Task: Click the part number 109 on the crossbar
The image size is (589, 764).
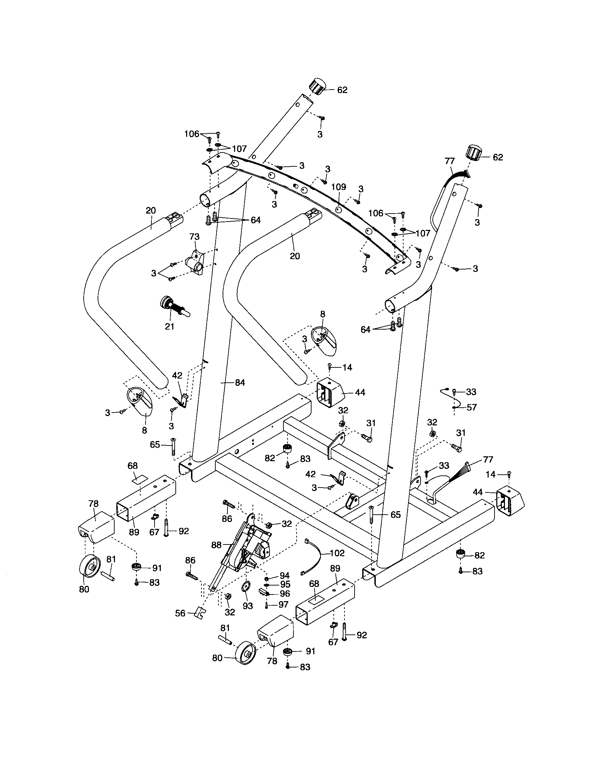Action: (338, 187)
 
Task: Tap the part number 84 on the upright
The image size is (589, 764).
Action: (240, 383)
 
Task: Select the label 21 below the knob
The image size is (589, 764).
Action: (169, 326)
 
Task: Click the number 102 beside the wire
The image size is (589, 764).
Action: (337, 553)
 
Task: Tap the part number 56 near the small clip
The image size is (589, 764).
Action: (180, 613)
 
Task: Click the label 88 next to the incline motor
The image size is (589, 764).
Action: (217, 545)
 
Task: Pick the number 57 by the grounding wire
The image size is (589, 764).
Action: (472, 407)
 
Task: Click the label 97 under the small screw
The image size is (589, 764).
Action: (283, 604)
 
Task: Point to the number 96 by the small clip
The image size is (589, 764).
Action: (285, 593)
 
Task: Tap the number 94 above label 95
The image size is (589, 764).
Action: (284, 575)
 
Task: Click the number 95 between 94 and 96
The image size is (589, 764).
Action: (285, 584)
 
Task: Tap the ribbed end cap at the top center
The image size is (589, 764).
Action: (317, 86)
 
